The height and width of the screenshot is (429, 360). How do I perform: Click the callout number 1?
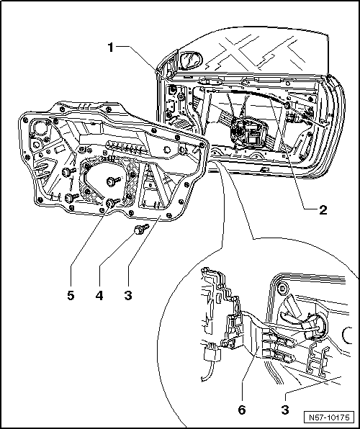pos(110,48)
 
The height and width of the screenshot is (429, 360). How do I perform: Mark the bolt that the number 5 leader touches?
pos(112,206)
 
